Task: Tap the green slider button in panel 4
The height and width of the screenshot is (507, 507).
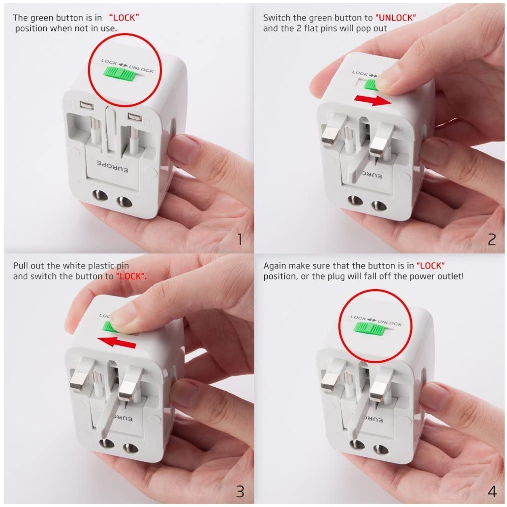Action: pos(369,329)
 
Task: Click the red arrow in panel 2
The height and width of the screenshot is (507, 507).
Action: pos(372,100)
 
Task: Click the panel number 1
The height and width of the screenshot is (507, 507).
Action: pos(240,240)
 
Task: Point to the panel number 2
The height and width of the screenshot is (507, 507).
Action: pos(492,240)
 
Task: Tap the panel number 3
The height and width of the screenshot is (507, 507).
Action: pos(240,491)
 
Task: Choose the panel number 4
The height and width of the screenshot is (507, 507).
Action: pos(492,491)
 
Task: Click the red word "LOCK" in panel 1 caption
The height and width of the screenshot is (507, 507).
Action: pos(124,18)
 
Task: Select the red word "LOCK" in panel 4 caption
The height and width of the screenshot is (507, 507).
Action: pos(430,266)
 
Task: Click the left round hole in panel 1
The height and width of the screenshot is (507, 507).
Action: pos(100,196)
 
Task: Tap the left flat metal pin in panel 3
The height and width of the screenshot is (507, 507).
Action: pos(79,379)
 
